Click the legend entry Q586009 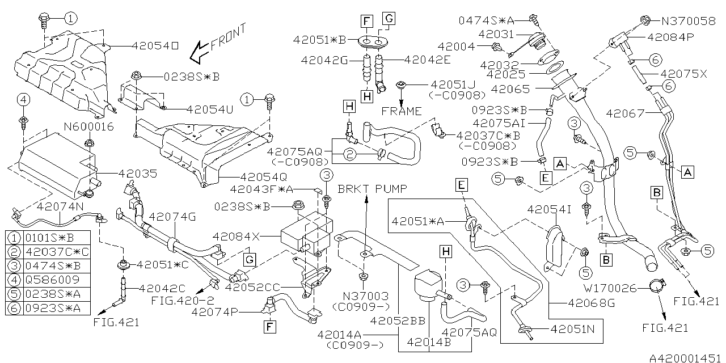pyautogui.click(x=49, y=280)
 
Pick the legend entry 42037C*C pyautogui.click(x=49, y=251)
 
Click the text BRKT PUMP pyautogui.click(x=366, y=188)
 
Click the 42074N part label pyautogui.click(x=60, y=206)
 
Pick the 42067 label pyautogui.click(x=624, y=113)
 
